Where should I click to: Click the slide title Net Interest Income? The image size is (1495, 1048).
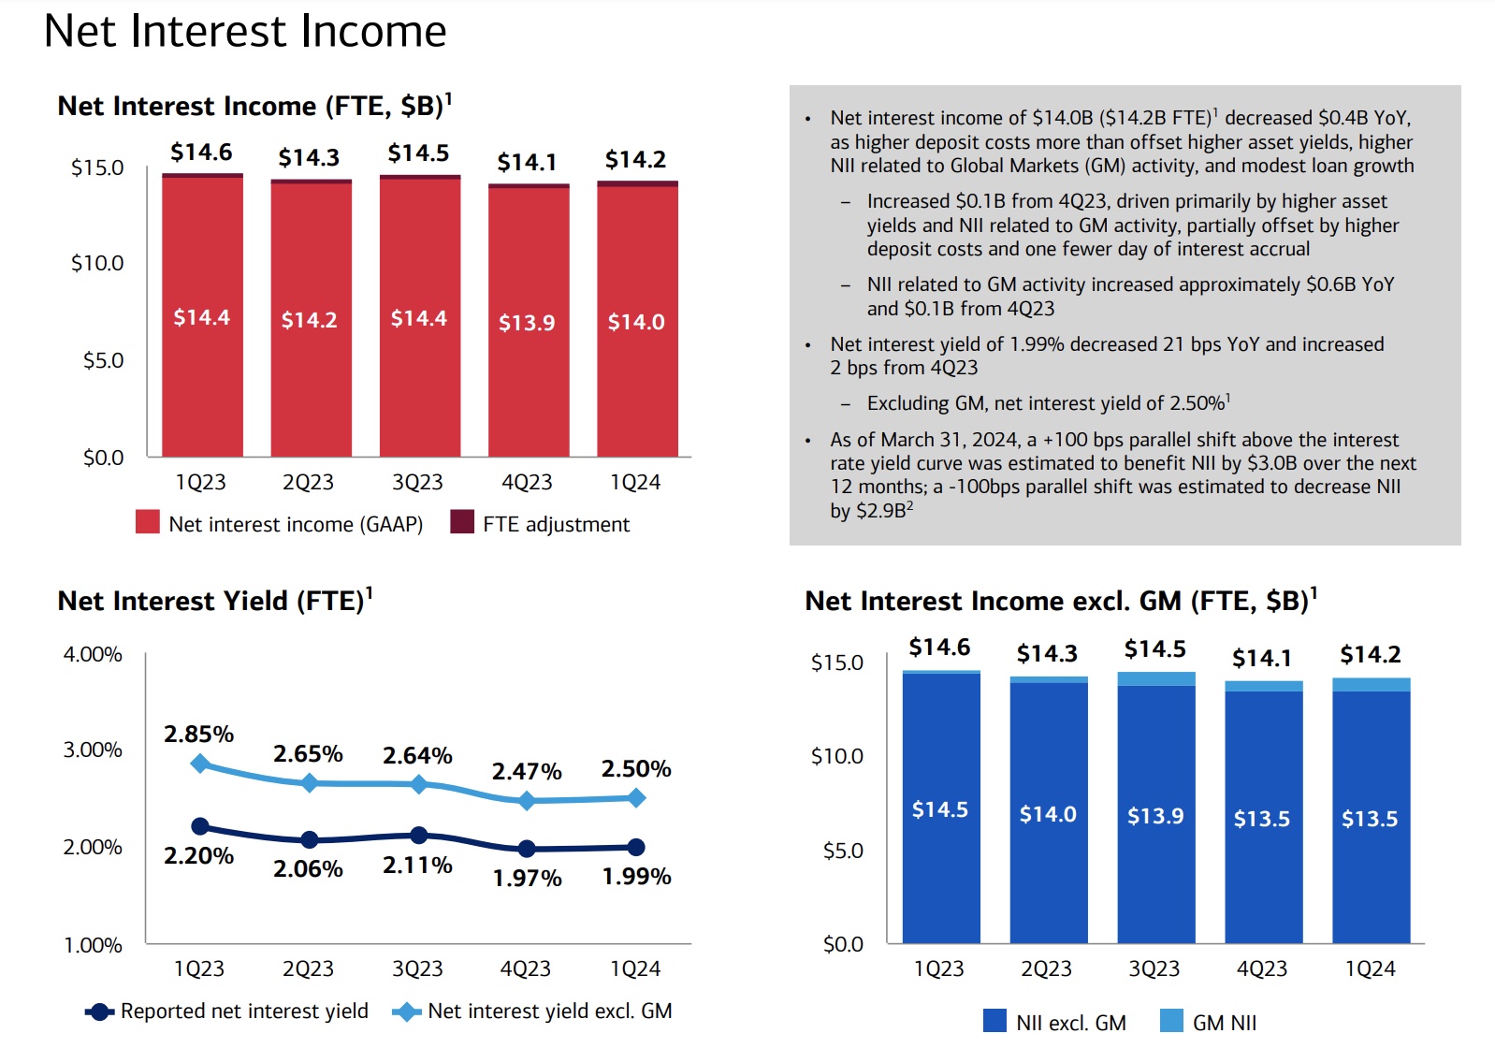pos(245,31)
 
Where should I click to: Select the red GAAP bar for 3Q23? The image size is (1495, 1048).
pos(420,318)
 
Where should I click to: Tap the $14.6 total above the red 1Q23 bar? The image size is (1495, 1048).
pos(201,153)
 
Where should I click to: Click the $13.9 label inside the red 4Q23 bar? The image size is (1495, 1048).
pos(527,323)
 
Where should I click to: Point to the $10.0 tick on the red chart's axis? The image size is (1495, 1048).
pos(97,263)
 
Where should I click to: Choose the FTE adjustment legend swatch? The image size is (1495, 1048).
pos(462,522)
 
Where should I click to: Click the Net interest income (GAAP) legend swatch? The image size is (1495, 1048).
pos(148,522)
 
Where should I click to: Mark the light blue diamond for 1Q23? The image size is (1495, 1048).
pos(200,764)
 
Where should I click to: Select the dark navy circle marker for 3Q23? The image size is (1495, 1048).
pos(418,835)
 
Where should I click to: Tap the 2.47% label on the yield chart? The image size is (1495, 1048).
pos(527,772)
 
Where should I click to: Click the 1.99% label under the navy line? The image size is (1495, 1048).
pos(636,877)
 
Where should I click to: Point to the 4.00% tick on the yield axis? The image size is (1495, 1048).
pos(93,654)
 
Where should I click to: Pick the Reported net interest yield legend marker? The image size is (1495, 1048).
pos(99,1012)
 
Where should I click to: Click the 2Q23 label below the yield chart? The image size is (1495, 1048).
pos(308,968)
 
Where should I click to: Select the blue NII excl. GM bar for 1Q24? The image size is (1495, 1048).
pos(1371,817)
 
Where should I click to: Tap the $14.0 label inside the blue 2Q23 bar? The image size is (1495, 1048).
pos(1048,814)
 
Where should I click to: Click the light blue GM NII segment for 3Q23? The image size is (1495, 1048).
pos(1156,679)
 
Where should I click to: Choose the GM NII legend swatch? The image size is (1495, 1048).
pos(1171,1021)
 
